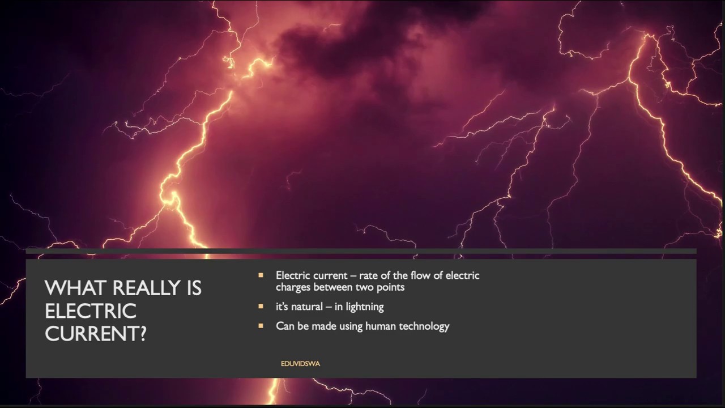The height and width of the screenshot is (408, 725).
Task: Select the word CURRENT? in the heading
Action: pos(96,334)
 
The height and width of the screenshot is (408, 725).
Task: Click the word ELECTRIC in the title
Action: pos(91,311)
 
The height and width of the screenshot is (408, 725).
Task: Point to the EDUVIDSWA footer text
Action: pos(300,364)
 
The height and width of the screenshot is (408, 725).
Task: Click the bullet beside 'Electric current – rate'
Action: pos(261,275)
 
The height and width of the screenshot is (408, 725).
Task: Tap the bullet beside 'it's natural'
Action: pos(261,307)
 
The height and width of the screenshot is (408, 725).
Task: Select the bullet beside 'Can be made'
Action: pos(261,326)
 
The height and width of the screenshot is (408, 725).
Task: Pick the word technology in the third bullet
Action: pos(424,326)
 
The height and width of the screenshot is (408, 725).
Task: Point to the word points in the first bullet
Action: pos(389,287)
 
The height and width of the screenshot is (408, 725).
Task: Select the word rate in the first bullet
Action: pos(369,275)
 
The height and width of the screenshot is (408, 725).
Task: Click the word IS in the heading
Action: pos(193,288)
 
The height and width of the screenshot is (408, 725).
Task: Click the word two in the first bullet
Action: pos(364,287)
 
